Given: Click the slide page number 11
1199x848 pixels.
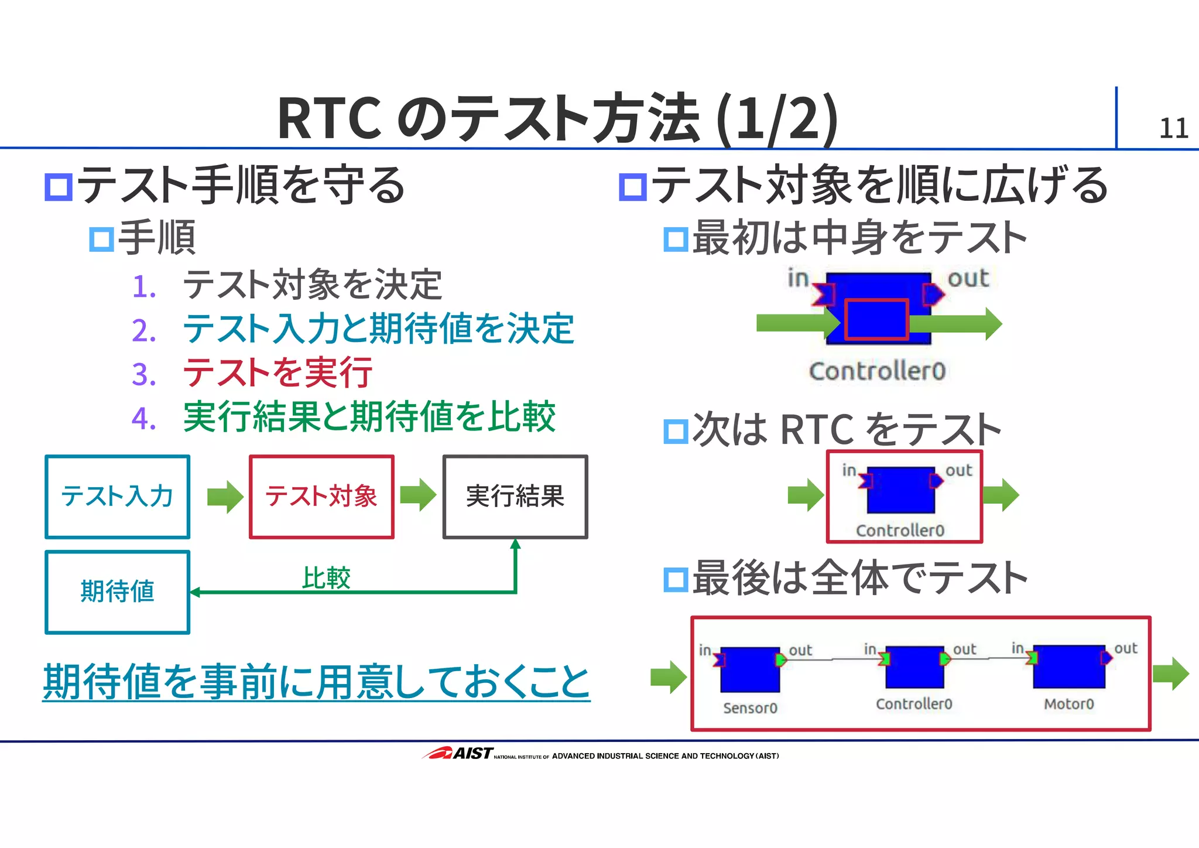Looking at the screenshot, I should pos(1173,128).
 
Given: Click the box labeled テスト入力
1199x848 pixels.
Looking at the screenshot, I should pos(117,497).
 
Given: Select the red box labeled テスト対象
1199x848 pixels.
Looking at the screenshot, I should pos(321,497).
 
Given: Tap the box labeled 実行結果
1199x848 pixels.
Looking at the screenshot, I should pos(515,497).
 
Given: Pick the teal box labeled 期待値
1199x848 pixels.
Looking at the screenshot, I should pos(117,591).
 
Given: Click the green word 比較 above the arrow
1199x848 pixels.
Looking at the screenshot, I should pos(326,578).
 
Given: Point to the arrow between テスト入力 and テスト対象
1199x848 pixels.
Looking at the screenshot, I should pos(225,497).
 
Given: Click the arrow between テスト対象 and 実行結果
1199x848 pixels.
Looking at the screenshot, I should pos(418,495).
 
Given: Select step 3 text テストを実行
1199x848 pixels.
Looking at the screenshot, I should pos(278,372).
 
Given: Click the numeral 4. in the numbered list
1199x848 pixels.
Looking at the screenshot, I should pos(144,418).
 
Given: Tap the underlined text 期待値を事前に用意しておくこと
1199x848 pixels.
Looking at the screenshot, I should pos(316,682).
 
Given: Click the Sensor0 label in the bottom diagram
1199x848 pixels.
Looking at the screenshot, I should pos(750,708).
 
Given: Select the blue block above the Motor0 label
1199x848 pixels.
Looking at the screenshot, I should pos(1069,667).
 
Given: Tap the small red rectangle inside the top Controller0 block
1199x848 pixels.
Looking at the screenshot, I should pos(876,319).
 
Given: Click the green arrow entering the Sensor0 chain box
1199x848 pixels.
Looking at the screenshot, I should pos(668,677).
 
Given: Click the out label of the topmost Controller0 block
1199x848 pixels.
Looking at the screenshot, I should pos(968,278).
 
